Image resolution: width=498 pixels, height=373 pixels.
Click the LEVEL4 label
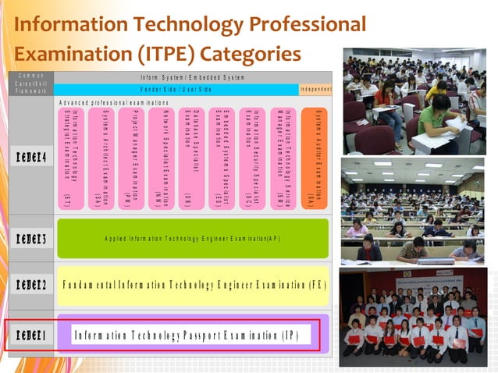pyautogui.click(x=30, y=157)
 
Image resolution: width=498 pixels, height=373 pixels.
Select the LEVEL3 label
pyautogui.click(x=30, y=240)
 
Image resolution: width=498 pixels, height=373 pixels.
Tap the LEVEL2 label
pyautogui.click(x=30, y=285)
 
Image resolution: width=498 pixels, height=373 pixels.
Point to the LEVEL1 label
pyautogui.click(x=30, y=336)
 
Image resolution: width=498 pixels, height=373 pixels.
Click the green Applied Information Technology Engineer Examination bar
pyautogui.click(x=192, y=238)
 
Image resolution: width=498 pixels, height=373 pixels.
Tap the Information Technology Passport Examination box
pyautogui.click(x=192, y=336)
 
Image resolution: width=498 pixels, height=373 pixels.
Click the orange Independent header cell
pyautogui.click(x=315, y=89)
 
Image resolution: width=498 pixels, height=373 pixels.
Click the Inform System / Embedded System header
pyautogui.click(x=193, y=76)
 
